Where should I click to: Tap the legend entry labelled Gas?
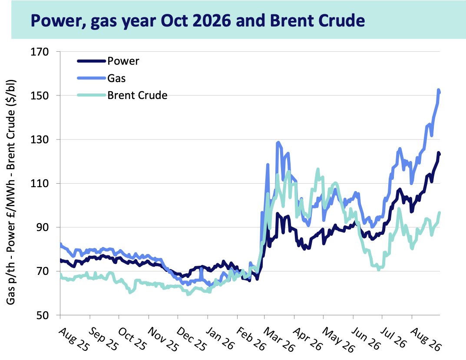(x=101, y=78)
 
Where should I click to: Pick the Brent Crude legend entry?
(x=122, y=95)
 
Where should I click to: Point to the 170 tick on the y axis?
(x=40, y=52)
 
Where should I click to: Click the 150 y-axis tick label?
(x=40, y=96)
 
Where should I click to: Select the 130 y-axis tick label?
(x=40, y=139)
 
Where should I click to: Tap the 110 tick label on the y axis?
(x=40, y=183)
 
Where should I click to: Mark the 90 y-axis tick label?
(x=43, y=228)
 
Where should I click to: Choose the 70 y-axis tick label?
(x=43, y=271)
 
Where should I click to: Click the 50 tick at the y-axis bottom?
(x=43, y=315)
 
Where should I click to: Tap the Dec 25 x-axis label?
(x=192, y=339)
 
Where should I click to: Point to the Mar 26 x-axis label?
(x=279, y=339)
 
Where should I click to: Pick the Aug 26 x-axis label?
(x=426, y=339)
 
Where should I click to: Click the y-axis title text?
(x=11, y=192)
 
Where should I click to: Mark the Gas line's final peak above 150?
(x=438, y=90)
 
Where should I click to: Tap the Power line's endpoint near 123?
(x=439, y=154)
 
